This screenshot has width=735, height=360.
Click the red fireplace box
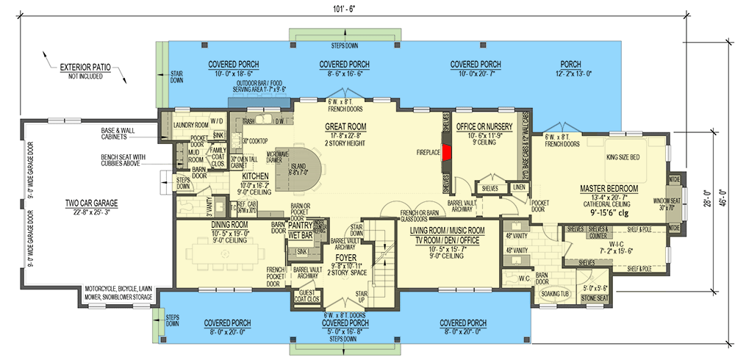click(446, 152)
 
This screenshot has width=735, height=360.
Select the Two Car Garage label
click(91, 203)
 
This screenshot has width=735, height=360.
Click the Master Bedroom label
click(608, 189)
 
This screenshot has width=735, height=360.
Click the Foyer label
click(346, 258)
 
